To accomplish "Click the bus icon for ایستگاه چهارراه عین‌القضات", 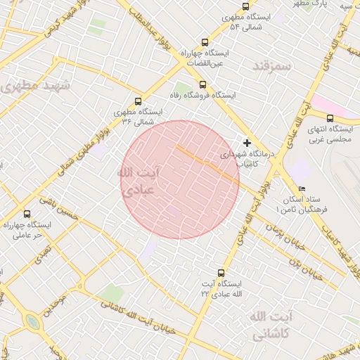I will pos(205,42).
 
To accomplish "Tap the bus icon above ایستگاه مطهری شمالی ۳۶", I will pos(137,101).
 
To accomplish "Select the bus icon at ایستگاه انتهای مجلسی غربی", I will pos(330,117).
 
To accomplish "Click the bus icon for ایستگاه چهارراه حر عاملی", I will pos(27,214).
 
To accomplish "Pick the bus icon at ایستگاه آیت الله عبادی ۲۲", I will pos(221,272).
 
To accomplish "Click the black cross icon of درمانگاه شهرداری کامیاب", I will pos(246,143).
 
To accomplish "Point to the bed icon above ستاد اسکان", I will pos(302,189).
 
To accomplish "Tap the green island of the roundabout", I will pos(32,322).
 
